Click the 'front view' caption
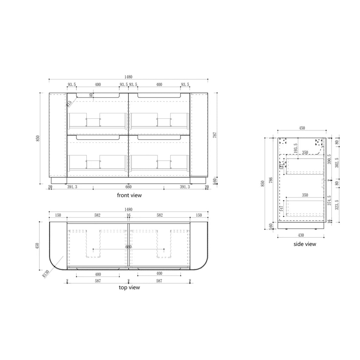(x=129, y=195)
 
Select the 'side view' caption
(x=305, y=244)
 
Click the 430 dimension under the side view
(x=301, y=235)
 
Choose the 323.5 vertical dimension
(x=337, y=206)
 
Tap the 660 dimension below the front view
(x=129, y=187)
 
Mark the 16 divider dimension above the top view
(x=129, y=215)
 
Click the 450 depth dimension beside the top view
(x=43, y=245)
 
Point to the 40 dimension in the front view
(x=91, y=95)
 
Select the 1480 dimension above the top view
(x=129, y=210)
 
